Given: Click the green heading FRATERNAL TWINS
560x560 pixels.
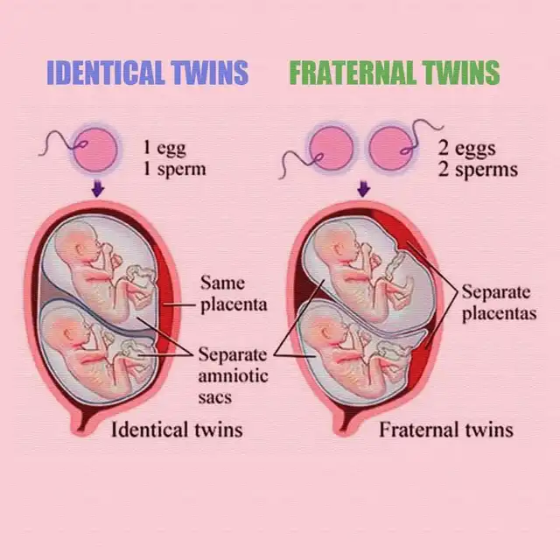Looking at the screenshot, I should [x=394, y=73].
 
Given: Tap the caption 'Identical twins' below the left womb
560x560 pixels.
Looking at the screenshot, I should [x=177, y=430].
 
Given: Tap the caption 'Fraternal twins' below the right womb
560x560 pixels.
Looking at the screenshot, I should [x=446, y=430].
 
